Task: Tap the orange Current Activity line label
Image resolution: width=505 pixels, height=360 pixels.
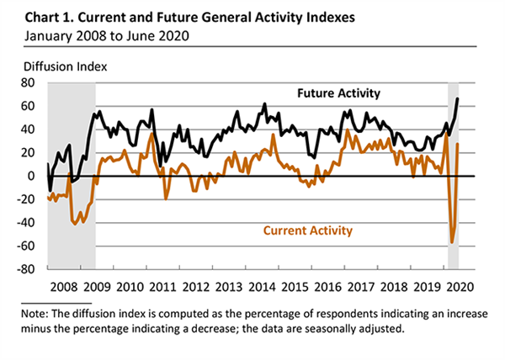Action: [308, 230]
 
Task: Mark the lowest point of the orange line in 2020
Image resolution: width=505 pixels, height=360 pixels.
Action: [452, 242]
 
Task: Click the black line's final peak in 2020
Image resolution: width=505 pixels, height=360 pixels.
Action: [458, 99]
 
